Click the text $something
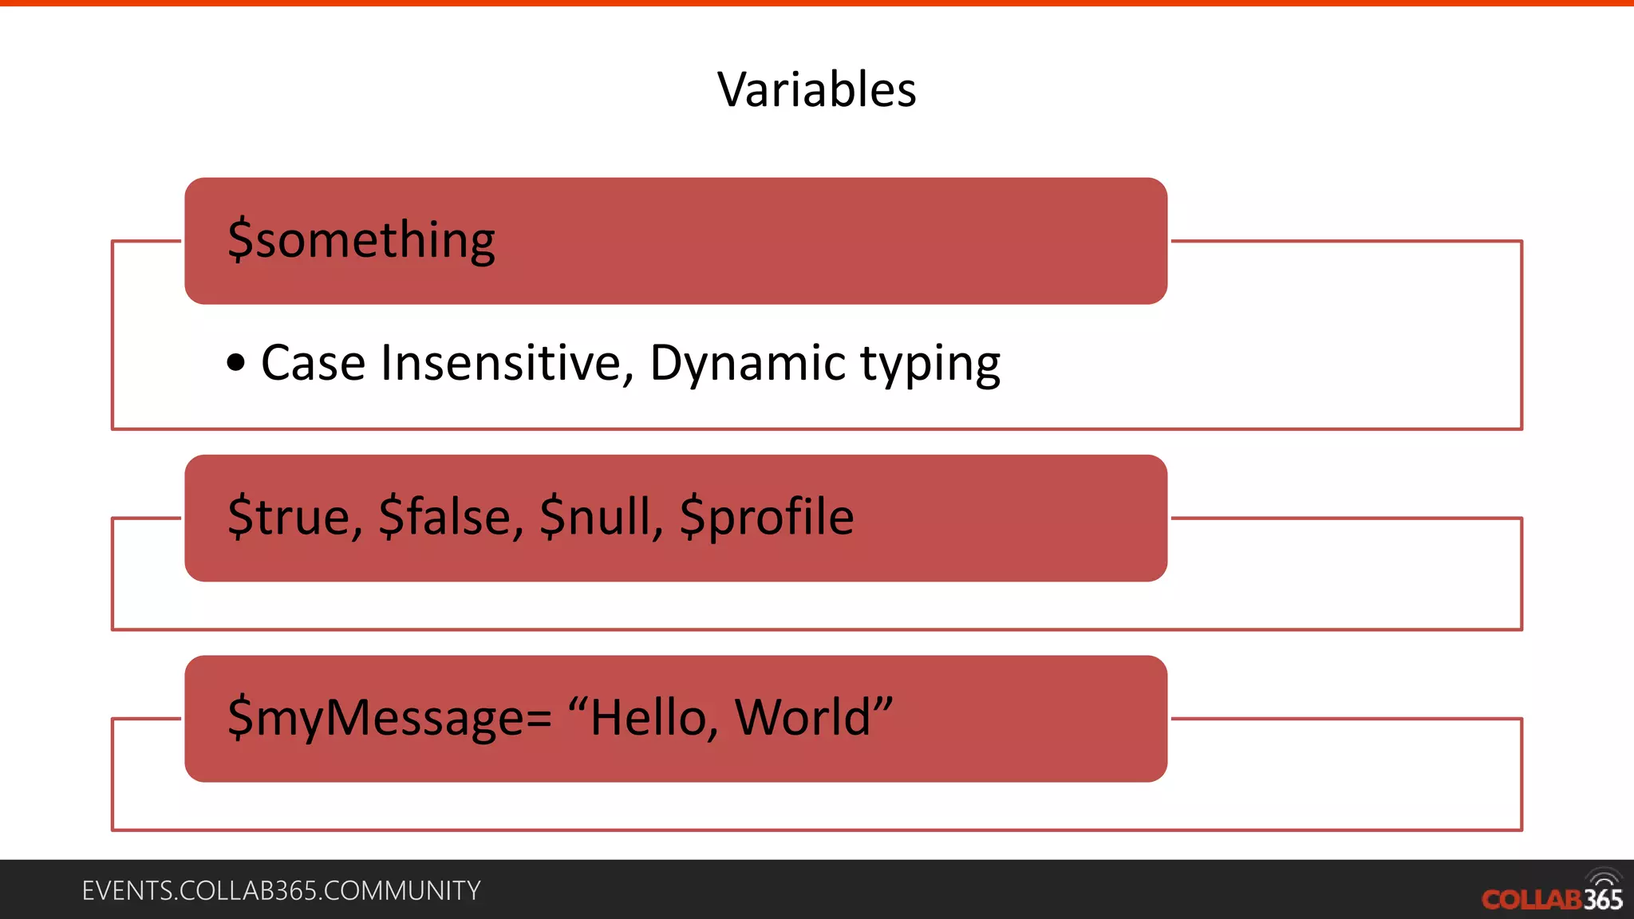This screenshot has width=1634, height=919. pyautogui.click(x=361, y=240)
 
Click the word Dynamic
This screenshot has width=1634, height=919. pyautogui.click(x=747, y=364)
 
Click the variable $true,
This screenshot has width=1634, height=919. pyautogui.click(x=295, y=517)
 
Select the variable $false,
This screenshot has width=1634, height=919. pyautogui.click(x=451, y=517)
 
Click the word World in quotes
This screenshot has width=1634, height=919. pyautogui.click(x=802, y=718)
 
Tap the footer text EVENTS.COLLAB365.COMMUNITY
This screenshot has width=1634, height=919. pyautogui.click(x=281, y=891)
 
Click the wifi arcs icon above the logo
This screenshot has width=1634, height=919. pyautogui.click(x=1604, y=878)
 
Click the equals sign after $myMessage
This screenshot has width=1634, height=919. pyautogui.click(x=539, y=719)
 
